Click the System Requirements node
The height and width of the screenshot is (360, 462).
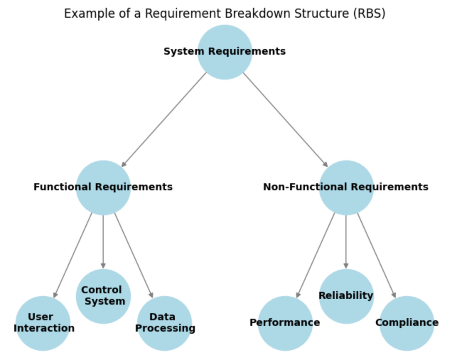[x=225, y=52]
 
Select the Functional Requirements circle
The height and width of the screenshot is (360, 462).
[x=103, y=187]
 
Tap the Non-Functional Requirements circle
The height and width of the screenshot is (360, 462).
[x=346, y=187]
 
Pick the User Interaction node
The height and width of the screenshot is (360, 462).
[x=43, y=323]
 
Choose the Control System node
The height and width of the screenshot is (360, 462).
[x=103, y=296]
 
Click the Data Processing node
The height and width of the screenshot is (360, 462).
[x=164, y=323]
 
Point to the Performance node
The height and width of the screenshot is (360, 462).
[x=285, y=323]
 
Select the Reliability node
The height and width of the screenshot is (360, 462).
[x=346, y=296]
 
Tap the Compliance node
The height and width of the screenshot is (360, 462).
[x=407, y=323]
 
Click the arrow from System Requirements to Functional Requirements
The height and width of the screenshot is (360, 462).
[x=164, y=120]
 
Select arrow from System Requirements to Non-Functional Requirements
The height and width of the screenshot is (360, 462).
[x=285, y=120]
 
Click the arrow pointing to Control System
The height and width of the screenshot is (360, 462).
[x=103, y=241]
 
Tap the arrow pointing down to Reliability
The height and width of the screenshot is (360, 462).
[x=346, y=241]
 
